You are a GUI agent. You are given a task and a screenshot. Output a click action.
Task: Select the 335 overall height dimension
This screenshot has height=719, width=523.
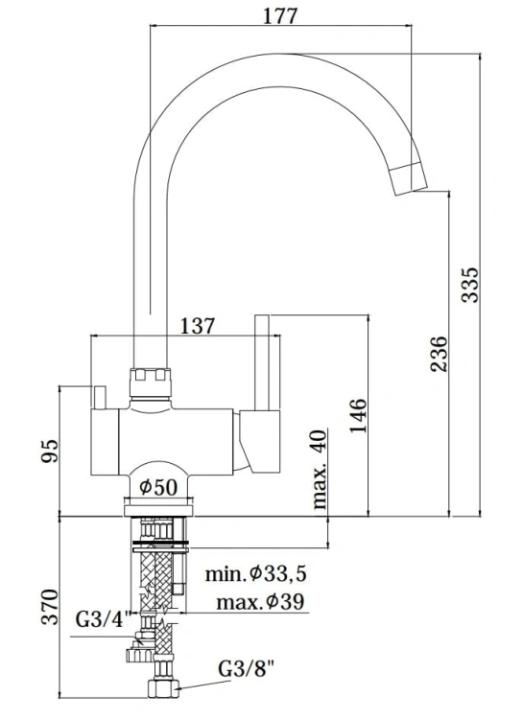coord(469,283)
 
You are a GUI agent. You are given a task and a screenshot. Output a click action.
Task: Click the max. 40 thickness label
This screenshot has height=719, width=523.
coord(320,470)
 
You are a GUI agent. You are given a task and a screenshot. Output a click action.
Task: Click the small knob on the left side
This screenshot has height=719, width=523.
coord(98,395)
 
